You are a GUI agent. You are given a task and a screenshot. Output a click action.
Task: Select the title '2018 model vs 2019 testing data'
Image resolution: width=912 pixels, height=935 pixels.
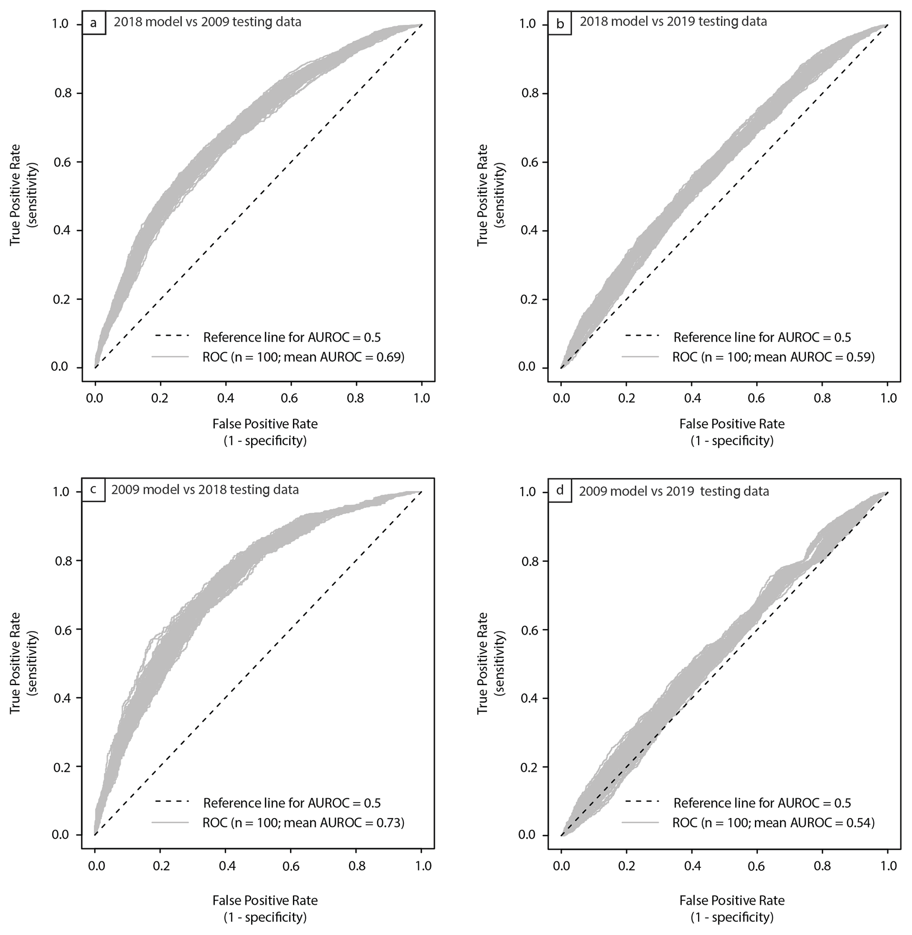tap(673, 22)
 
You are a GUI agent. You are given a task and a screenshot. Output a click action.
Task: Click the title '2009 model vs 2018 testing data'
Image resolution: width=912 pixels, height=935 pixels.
tap(205, 489)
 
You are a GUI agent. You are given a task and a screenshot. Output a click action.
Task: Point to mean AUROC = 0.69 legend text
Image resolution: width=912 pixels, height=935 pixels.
tap(303, 357)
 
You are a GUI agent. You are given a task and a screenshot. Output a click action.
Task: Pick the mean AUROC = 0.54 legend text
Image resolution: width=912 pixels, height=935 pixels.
tap(773, 823)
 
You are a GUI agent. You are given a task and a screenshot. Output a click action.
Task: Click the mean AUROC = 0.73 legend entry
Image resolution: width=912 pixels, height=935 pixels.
tap(303, 823)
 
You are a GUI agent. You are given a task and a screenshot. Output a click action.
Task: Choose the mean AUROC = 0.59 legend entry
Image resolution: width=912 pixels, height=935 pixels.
tap(773, 357)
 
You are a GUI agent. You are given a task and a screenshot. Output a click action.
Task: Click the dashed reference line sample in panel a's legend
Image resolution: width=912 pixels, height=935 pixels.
tap(172, 336)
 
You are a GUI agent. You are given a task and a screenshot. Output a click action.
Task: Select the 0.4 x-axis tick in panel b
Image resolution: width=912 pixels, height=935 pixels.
tap(691, 398)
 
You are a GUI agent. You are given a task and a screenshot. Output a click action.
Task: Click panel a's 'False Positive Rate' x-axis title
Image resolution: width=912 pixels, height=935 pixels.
tap(265, 424)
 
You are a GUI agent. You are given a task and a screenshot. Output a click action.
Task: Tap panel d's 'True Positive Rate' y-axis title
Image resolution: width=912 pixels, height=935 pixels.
tap(482, 663)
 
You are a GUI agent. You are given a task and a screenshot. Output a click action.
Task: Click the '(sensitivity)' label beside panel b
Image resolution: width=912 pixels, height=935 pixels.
tap(499, 195)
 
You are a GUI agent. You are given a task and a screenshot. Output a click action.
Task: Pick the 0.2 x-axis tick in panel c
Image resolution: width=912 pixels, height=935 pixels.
tap(161, 866)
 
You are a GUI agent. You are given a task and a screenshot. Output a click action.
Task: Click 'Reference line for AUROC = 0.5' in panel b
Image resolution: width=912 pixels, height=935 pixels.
tap(762, 337)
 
